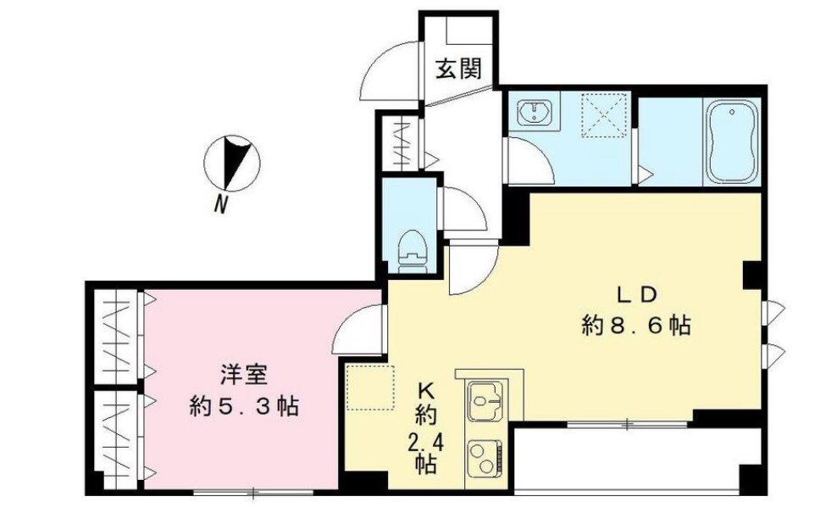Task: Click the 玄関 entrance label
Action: [458, 69]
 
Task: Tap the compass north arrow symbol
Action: [236, 162]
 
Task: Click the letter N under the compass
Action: [221, 204]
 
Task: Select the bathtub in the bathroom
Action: [734, 142]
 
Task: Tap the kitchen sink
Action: [485, 399]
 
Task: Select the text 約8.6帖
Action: [635, 325]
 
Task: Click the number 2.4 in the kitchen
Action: [425, 441]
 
